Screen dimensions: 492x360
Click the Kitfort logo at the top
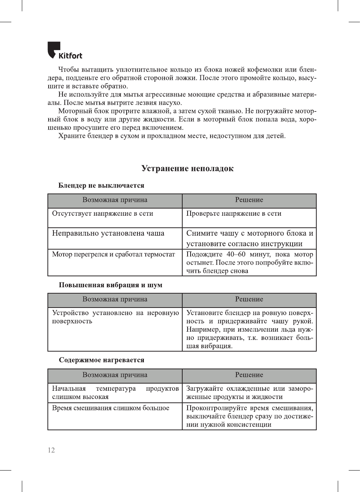pyautogui.click(x=65, y=51)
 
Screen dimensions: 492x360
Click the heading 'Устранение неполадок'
pyautogui.click(x=187, y=168)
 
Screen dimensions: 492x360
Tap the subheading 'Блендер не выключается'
pyautogui.click(x=101, y=185)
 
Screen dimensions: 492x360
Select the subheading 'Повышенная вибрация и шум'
pyautogui.click(x=110, y=285)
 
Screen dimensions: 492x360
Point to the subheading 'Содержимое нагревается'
pyautogui.click(x=101, y=360)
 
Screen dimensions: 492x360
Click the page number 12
pyautogui.click(x=51, y=450)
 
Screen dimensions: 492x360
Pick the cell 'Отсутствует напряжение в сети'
pyautogui.click(x=102, y=213)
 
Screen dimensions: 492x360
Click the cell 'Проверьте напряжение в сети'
pyautogui.click(x=233, y=213)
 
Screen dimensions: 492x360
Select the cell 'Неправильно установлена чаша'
pyautogui.click(x=108, y=233)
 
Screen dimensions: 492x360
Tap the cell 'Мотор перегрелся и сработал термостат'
pyautogui.click(x=113, y=254)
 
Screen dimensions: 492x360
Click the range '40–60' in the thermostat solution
pyautogui.click(x=236, y=254)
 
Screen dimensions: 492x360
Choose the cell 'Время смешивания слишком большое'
pyautogui.click(x=110, y=408)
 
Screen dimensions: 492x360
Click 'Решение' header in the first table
pyautogui.click(x=249, y=200)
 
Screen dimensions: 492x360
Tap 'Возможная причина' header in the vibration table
pyautogui.click(x=115, y=299)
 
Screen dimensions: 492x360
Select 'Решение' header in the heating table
pyautogui.click(x=249, y=375)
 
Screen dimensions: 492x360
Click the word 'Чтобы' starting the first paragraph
pyautogui.click(x=69, y=70)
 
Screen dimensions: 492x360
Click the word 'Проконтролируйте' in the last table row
pyautogui.click(x=216, y=408)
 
